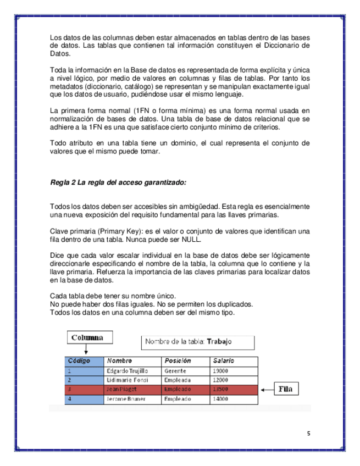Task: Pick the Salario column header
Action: (224, 361)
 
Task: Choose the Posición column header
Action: (178, 361)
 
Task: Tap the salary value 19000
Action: (220, 371)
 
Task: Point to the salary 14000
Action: (220, 398)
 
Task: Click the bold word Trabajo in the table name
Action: (219, 341)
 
